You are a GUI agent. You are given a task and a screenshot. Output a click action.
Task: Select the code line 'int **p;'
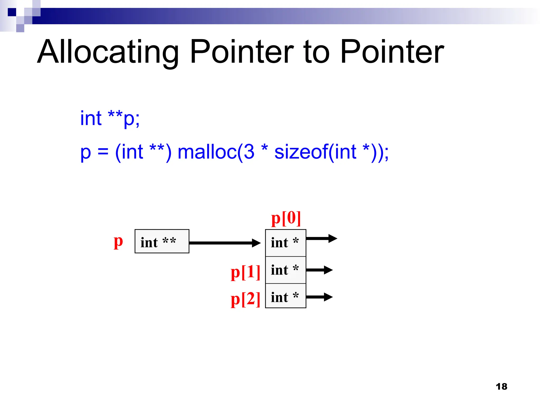110,118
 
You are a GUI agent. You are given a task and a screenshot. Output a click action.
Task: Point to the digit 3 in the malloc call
249,152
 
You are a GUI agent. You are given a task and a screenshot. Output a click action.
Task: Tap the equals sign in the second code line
103,153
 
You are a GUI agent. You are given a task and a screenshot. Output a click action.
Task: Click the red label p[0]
286,218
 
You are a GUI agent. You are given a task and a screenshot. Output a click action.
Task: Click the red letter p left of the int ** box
118,242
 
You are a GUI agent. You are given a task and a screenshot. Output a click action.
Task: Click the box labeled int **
162,241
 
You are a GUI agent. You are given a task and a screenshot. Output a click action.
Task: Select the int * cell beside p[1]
286,270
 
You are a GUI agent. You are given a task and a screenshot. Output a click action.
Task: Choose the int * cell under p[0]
286,243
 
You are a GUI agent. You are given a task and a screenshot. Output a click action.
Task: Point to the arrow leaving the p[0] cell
321,238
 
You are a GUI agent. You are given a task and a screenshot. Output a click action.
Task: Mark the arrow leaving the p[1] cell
319,270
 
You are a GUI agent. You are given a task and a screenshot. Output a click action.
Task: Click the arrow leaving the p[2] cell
319,297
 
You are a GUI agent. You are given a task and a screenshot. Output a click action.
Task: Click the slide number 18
501,387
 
